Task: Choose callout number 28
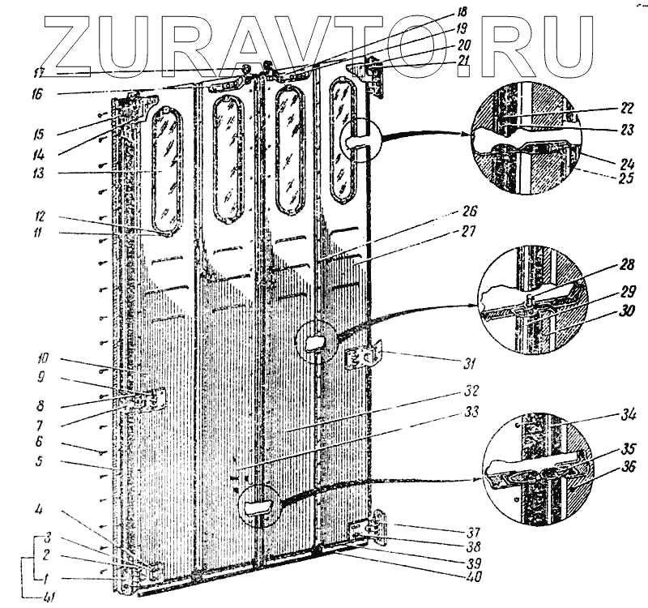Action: (x=625, y=265)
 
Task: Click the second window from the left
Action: (x=228, y=158)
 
